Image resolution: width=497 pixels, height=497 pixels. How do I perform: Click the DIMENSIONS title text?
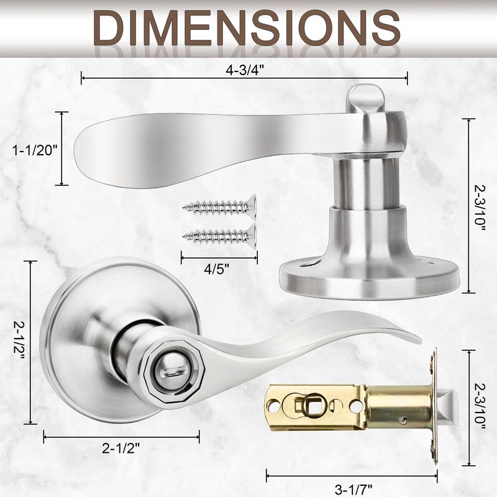pyautogui.click(x=247, y=29)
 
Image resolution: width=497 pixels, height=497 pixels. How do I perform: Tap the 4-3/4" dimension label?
pyautogui.click(x=245, y=70)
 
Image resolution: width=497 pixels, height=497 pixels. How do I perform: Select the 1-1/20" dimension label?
pyautogui.click(x=35, y=150)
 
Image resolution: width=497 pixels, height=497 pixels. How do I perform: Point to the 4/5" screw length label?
pyautogui.click(x=216, y=270)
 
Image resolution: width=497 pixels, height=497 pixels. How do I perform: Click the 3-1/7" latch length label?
pyautogui.click(x=353, y=490)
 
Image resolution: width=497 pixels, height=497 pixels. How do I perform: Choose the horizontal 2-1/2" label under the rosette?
pyautogui.click(x=121, y=448)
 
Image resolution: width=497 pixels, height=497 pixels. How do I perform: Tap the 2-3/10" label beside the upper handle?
pyautogui.click(x=480, y=208)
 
